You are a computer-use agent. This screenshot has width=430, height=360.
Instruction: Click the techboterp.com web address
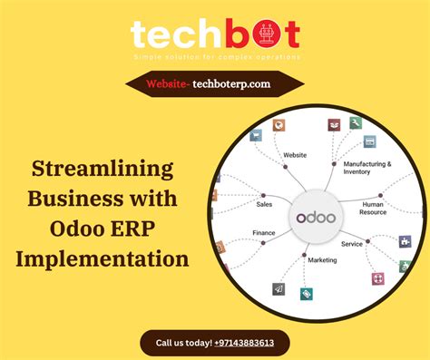point(231,83)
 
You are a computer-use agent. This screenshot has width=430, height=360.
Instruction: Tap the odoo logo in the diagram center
point(315,218)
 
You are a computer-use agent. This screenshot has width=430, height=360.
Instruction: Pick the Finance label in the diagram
point(263,232)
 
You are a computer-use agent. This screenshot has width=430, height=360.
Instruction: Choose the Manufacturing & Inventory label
point(366,168)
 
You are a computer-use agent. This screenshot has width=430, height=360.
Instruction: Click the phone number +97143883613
point(251,344)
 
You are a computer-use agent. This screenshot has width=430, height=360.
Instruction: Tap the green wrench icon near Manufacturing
point(357,122)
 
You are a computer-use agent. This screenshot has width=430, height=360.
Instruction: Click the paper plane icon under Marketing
point(279,288)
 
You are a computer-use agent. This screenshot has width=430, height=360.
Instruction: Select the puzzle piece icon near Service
point(405,242)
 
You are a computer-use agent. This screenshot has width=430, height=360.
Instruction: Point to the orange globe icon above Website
point(279,125)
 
